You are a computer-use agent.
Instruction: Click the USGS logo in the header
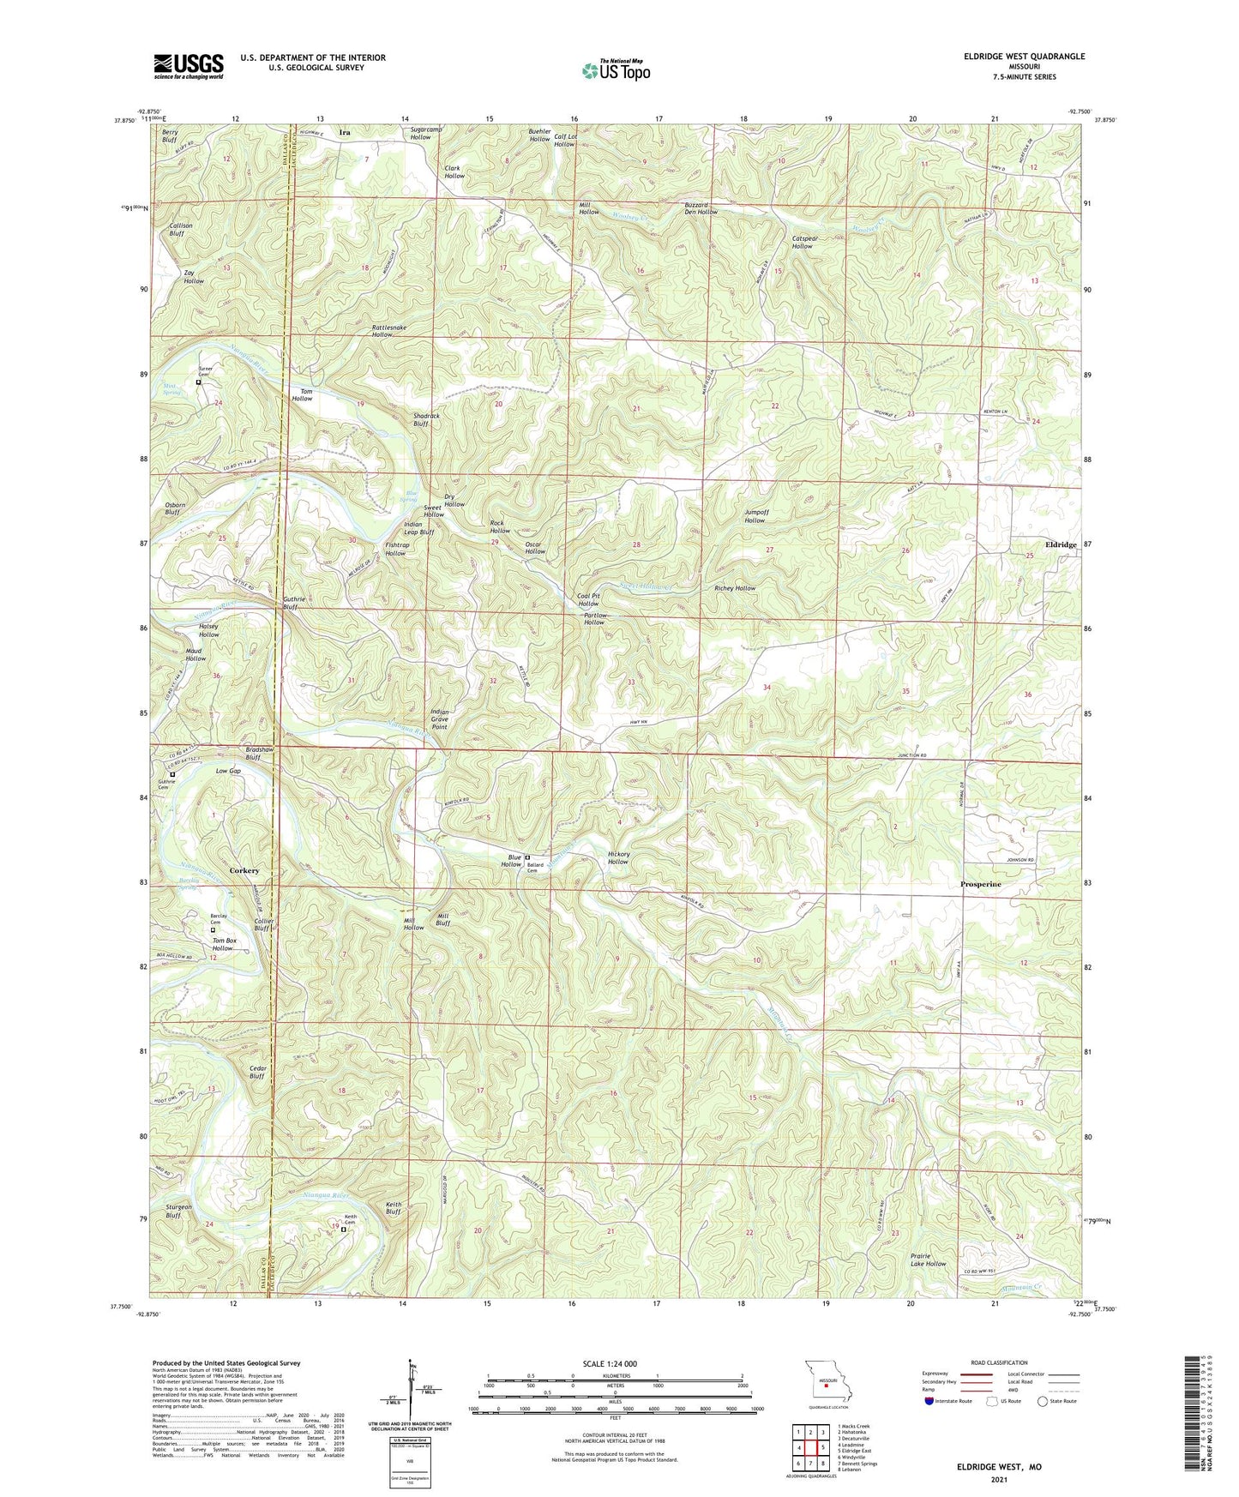click(189, 66)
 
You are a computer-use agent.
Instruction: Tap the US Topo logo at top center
click(616, 70)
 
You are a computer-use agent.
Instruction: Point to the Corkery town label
click(244, 870)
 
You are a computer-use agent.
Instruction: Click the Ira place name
click(345, 133)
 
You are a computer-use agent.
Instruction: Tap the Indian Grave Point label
click(439, 719)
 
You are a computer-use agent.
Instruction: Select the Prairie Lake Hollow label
click(928, 1260)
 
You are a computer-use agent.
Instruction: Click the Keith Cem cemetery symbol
click(344, 1229)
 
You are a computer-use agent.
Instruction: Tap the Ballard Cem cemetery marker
click(527, 857)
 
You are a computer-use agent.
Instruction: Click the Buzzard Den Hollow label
click(701, 208)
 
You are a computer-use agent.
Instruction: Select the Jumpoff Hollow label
click(755, 516)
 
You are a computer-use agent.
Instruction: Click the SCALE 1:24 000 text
click(610, 1364)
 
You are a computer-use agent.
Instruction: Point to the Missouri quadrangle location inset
click(826, 1381)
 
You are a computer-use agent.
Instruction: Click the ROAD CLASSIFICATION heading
click(999, 1362)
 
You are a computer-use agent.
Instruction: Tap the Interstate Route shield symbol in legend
click(930, 1401)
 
